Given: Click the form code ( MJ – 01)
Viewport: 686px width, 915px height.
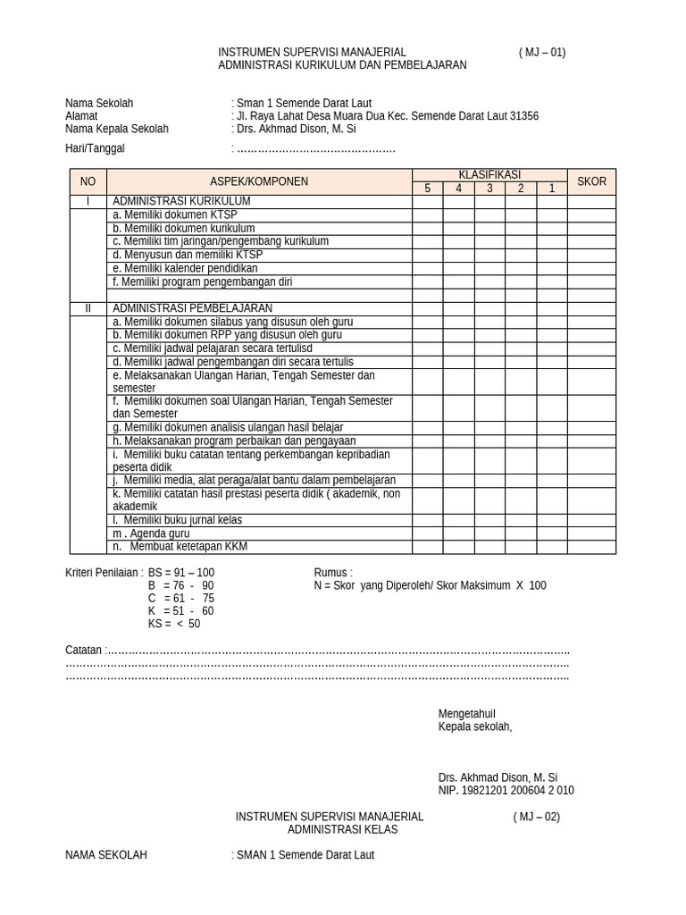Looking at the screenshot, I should (541, 53).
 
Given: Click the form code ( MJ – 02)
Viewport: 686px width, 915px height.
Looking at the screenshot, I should (536, 817).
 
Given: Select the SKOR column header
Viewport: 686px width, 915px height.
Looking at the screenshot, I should (591, 181).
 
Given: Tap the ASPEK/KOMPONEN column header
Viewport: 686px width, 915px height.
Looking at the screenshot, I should (259, 181).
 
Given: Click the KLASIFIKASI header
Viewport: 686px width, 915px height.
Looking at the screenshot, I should (489, 175).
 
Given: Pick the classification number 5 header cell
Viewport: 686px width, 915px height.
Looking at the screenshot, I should (427, 189).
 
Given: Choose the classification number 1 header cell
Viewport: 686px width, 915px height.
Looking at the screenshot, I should (552, 189).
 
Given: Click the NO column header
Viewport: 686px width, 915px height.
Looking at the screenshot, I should (88, 181).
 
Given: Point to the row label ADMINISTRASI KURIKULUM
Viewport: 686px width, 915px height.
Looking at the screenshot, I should (181, 202).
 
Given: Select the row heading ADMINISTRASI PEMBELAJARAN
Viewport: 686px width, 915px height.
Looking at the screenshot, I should (192, 308).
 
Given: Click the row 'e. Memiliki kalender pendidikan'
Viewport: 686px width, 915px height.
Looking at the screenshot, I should (185, 268).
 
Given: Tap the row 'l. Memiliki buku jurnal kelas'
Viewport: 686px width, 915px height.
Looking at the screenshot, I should (177, 520).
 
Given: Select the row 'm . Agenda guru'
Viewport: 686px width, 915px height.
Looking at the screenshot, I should (151, 533).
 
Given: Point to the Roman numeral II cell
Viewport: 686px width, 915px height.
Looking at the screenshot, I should (88, 308).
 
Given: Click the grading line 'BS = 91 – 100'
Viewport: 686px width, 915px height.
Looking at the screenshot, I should (180, 573).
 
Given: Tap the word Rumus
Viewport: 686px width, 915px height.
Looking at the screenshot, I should (332, 573).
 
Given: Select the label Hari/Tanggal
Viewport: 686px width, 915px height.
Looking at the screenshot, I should (95, 148).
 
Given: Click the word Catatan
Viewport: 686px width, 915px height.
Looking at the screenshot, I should (84, 650).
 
